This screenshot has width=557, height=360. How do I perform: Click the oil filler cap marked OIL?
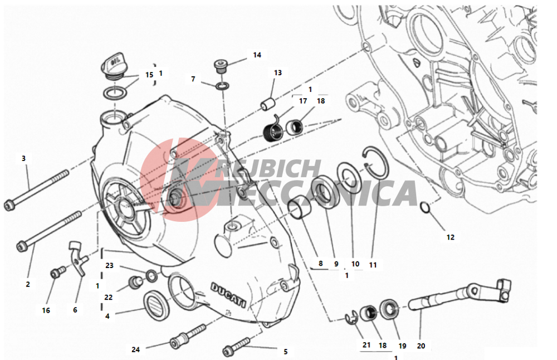pyautogui.click(x=114, y=65)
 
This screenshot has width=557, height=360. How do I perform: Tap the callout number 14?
pyautogui.click(x=257, y=55)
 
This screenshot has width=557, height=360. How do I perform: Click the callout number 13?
pyautogui.click(x=278, y=73)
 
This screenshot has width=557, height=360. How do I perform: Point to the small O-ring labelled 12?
pyautogui.click(x=425, y=207)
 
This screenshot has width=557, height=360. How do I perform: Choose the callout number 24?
pyautogui.click(x=136, y=350)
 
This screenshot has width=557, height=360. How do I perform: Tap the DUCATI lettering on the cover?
pyautogui.click(x=228, y=295)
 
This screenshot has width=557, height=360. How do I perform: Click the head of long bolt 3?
pyautogui.click(x=9, y=206)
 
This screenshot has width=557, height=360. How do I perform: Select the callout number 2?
pyautogui.click(x=28, y=284)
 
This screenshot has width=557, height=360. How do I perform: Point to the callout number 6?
pyautogui.click(x=75, y=310)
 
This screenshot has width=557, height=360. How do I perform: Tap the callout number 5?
pyautogui.click(x=286, y=352)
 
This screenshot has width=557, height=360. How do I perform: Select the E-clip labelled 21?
pyautogui.click(x=351, y=317)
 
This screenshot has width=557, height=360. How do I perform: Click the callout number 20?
pyautogui.click(x=421, y=346)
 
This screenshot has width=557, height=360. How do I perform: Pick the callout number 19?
pyautogui.click(x=403, y=346)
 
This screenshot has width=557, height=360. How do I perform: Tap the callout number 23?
pyautogui.click(x=109, y=265)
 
